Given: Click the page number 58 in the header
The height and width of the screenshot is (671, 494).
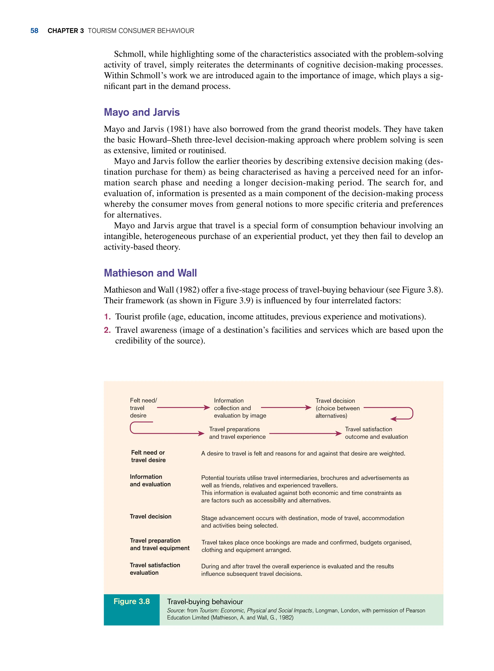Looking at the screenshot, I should [34, 31].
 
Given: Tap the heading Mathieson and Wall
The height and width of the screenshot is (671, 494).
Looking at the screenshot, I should [150, 273].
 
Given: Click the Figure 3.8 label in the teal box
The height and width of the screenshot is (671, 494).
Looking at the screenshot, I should [131, 601].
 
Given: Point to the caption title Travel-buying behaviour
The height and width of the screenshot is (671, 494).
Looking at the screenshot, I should [205, 601].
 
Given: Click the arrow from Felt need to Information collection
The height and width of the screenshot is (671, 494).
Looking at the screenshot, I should [183, 407].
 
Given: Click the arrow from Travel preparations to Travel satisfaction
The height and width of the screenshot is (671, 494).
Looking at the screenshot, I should [305, 433].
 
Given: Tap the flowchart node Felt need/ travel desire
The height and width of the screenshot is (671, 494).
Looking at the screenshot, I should [143, 408].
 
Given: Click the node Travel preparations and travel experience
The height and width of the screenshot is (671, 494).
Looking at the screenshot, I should [237, 433].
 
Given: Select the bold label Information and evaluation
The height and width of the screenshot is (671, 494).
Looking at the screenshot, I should [150, 480].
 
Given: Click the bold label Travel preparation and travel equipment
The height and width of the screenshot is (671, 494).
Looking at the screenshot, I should [159, 544].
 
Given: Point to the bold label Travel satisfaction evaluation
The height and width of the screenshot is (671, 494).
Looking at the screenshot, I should [155, 569].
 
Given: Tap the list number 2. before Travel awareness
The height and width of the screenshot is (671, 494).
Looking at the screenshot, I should [107, 330].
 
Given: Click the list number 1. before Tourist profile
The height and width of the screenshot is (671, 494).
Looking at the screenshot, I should [107, 317].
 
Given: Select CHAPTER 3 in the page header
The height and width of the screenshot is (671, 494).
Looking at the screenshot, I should [65, 31].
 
